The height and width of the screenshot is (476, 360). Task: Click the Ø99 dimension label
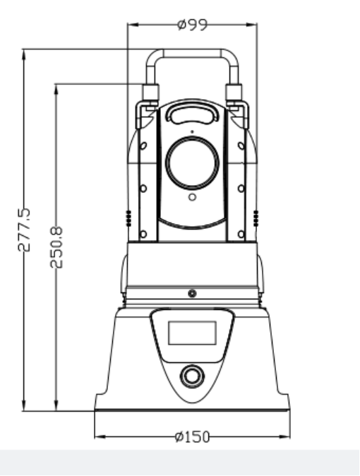[x=193, y=25]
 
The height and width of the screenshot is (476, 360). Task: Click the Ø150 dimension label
[x=193, y=437]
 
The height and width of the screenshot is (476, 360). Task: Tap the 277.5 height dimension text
[x=24, y=230]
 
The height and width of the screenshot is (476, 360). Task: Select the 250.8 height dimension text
[x=56, y=247]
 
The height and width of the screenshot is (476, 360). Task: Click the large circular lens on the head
[x=192, y=162]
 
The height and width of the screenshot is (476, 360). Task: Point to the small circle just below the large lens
[x=192, y=197]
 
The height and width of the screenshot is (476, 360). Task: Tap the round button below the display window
[x=192, y=376]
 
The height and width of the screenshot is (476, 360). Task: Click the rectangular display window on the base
[x=192, y=333]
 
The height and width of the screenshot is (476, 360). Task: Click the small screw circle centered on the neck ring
[x=192, y=294]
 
